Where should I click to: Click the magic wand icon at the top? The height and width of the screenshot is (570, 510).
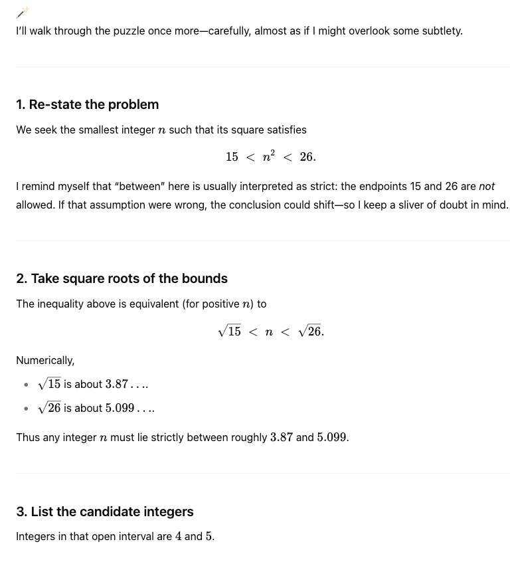tap(23, 12)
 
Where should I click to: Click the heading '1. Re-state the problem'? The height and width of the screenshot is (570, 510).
tap(87, 104)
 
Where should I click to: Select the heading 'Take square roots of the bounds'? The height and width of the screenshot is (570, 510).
tap(129, 278)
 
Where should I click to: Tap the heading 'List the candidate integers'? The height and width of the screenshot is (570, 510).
tap(112, 512)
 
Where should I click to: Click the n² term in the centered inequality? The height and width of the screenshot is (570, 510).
tap(269, 157)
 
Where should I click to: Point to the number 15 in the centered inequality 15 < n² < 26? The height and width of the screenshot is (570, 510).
tap(232, 157)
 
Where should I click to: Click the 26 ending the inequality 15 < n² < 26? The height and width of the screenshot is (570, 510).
tap(307, 157)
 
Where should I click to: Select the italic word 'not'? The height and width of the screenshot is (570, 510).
tap(487, 187)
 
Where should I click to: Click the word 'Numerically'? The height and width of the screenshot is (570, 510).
tap(45, 360)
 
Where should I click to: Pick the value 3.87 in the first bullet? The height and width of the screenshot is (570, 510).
tap(117, 384)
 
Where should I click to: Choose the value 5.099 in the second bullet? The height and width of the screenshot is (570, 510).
tap(120, 408)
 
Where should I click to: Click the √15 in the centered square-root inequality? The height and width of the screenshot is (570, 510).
tap(230, 331)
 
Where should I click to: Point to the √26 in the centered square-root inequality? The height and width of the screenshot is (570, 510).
tap(310, 331)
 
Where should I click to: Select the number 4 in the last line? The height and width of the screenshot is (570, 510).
tap(179, 536)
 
